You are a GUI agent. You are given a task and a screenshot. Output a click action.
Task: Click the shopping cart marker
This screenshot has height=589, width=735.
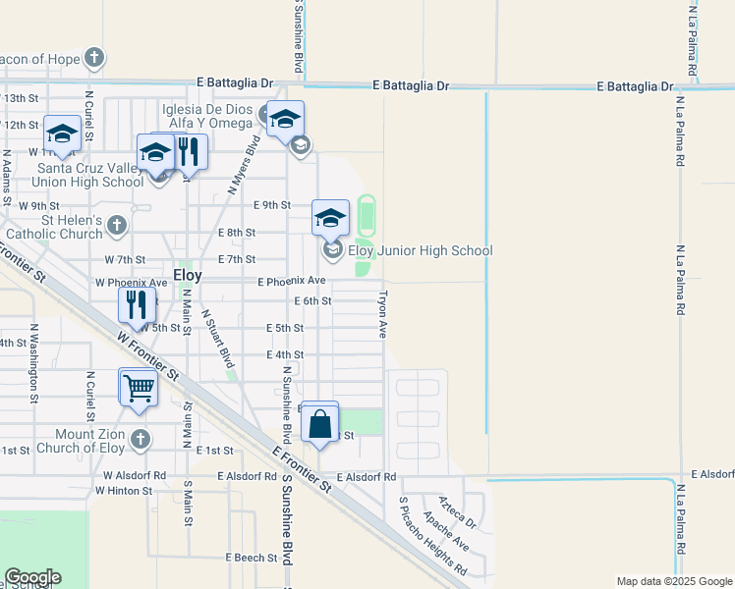pos(139,387)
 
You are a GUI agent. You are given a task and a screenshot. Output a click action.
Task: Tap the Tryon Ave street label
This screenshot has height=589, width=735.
pos(383,313)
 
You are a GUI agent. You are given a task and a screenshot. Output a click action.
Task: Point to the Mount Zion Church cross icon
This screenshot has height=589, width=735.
pos(140,439)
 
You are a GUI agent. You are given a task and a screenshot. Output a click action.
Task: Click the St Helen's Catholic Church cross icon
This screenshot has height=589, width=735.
pos(117,226)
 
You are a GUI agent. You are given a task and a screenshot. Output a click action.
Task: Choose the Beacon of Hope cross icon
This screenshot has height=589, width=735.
pos(93,58)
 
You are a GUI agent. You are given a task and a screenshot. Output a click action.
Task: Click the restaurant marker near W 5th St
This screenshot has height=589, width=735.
pos(137,305)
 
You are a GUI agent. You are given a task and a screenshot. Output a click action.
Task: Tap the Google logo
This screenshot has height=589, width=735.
pos(32,577)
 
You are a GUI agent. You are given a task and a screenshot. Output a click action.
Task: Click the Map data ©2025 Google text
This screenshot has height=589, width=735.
pos(673,581)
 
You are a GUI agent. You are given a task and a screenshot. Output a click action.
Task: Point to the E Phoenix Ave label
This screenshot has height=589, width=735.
pos(291,282)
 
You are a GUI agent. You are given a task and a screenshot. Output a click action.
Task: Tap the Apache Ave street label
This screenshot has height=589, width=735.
pos(445,530)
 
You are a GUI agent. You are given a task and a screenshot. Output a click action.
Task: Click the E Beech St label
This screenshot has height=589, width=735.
pos(254,558)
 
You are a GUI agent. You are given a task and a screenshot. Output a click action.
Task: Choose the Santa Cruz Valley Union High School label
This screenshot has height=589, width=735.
pos(90,175)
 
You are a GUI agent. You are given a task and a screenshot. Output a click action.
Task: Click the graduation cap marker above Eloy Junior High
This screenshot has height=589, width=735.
pos(331,217)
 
